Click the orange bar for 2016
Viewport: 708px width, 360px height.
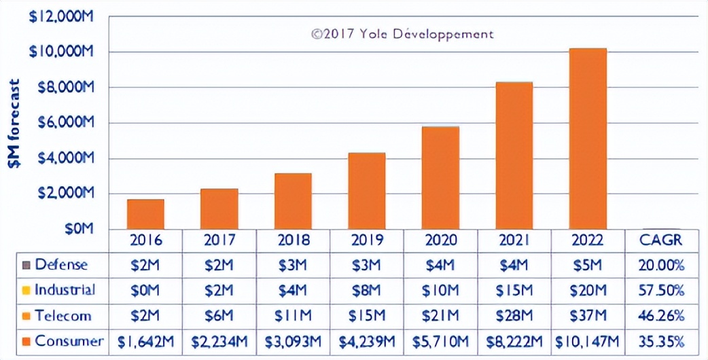(145, 214)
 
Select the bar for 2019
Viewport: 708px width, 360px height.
(366, 191)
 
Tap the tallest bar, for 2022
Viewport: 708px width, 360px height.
(588, 139)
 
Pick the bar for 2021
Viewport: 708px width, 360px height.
(514, 156)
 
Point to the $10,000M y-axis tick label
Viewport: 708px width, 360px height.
(60, 52)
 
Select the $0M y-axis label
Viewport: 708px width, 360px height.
(78, 230)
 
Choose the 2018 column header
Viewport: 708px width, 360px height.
(293, 240)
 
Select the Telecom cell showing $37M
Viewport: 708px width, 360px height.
(588, 316)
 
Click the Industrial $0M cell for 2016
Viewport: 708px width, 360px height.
(145, 290)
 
